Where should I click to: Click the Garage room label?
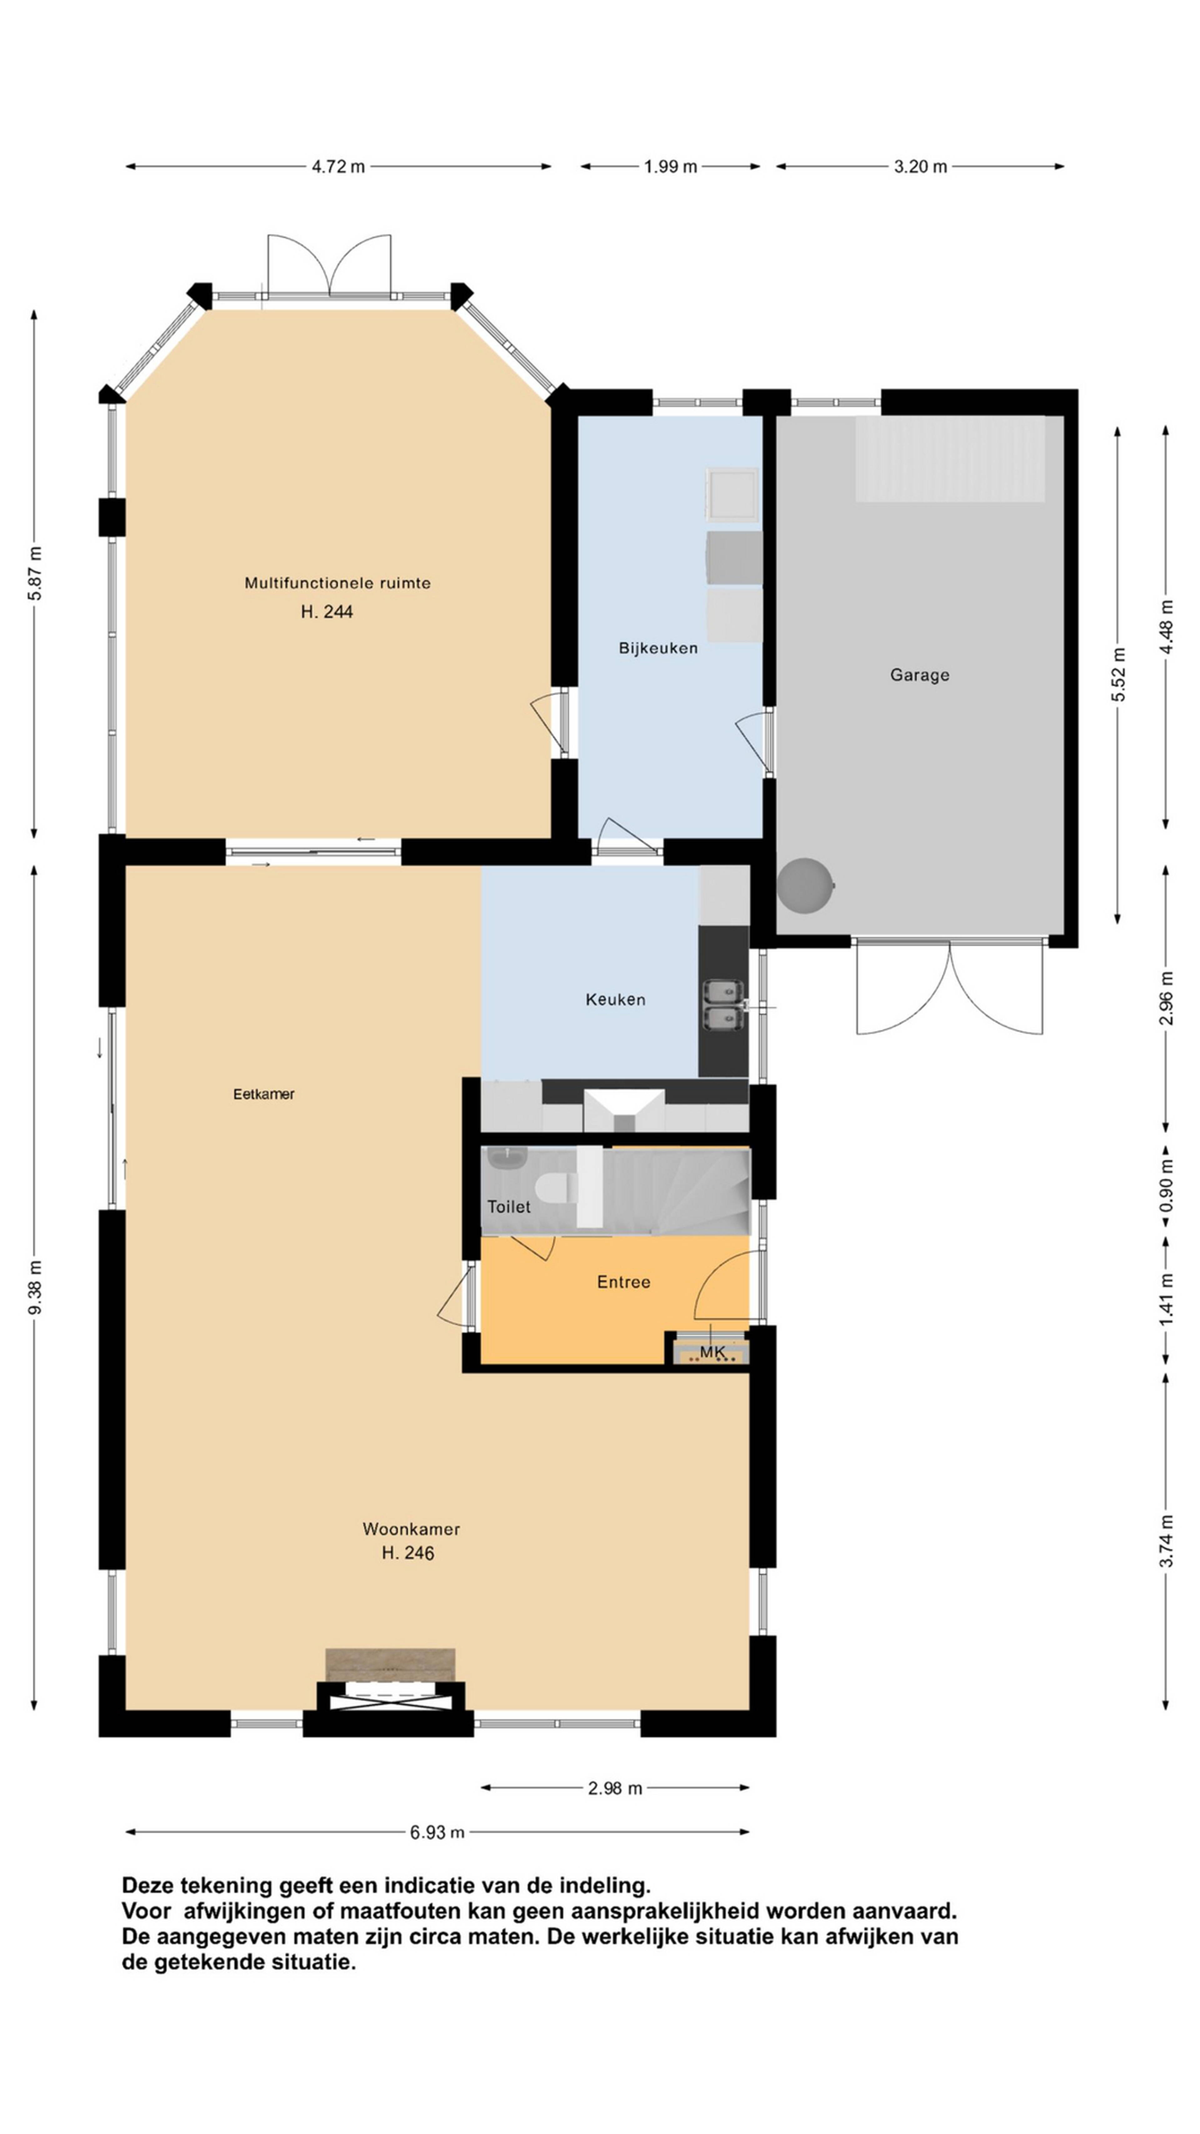point(919,675)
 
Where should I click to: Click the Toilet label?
point(508,1206)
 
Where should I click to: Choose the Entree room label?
point(624,1281)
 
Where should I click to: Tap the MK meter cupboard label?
point(712,1352)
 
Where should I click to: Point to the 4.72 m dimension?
point(338,167)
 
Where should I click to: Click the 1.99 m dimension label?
point(671,167)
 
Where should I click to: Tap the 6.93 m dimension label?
point(437,1832)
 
